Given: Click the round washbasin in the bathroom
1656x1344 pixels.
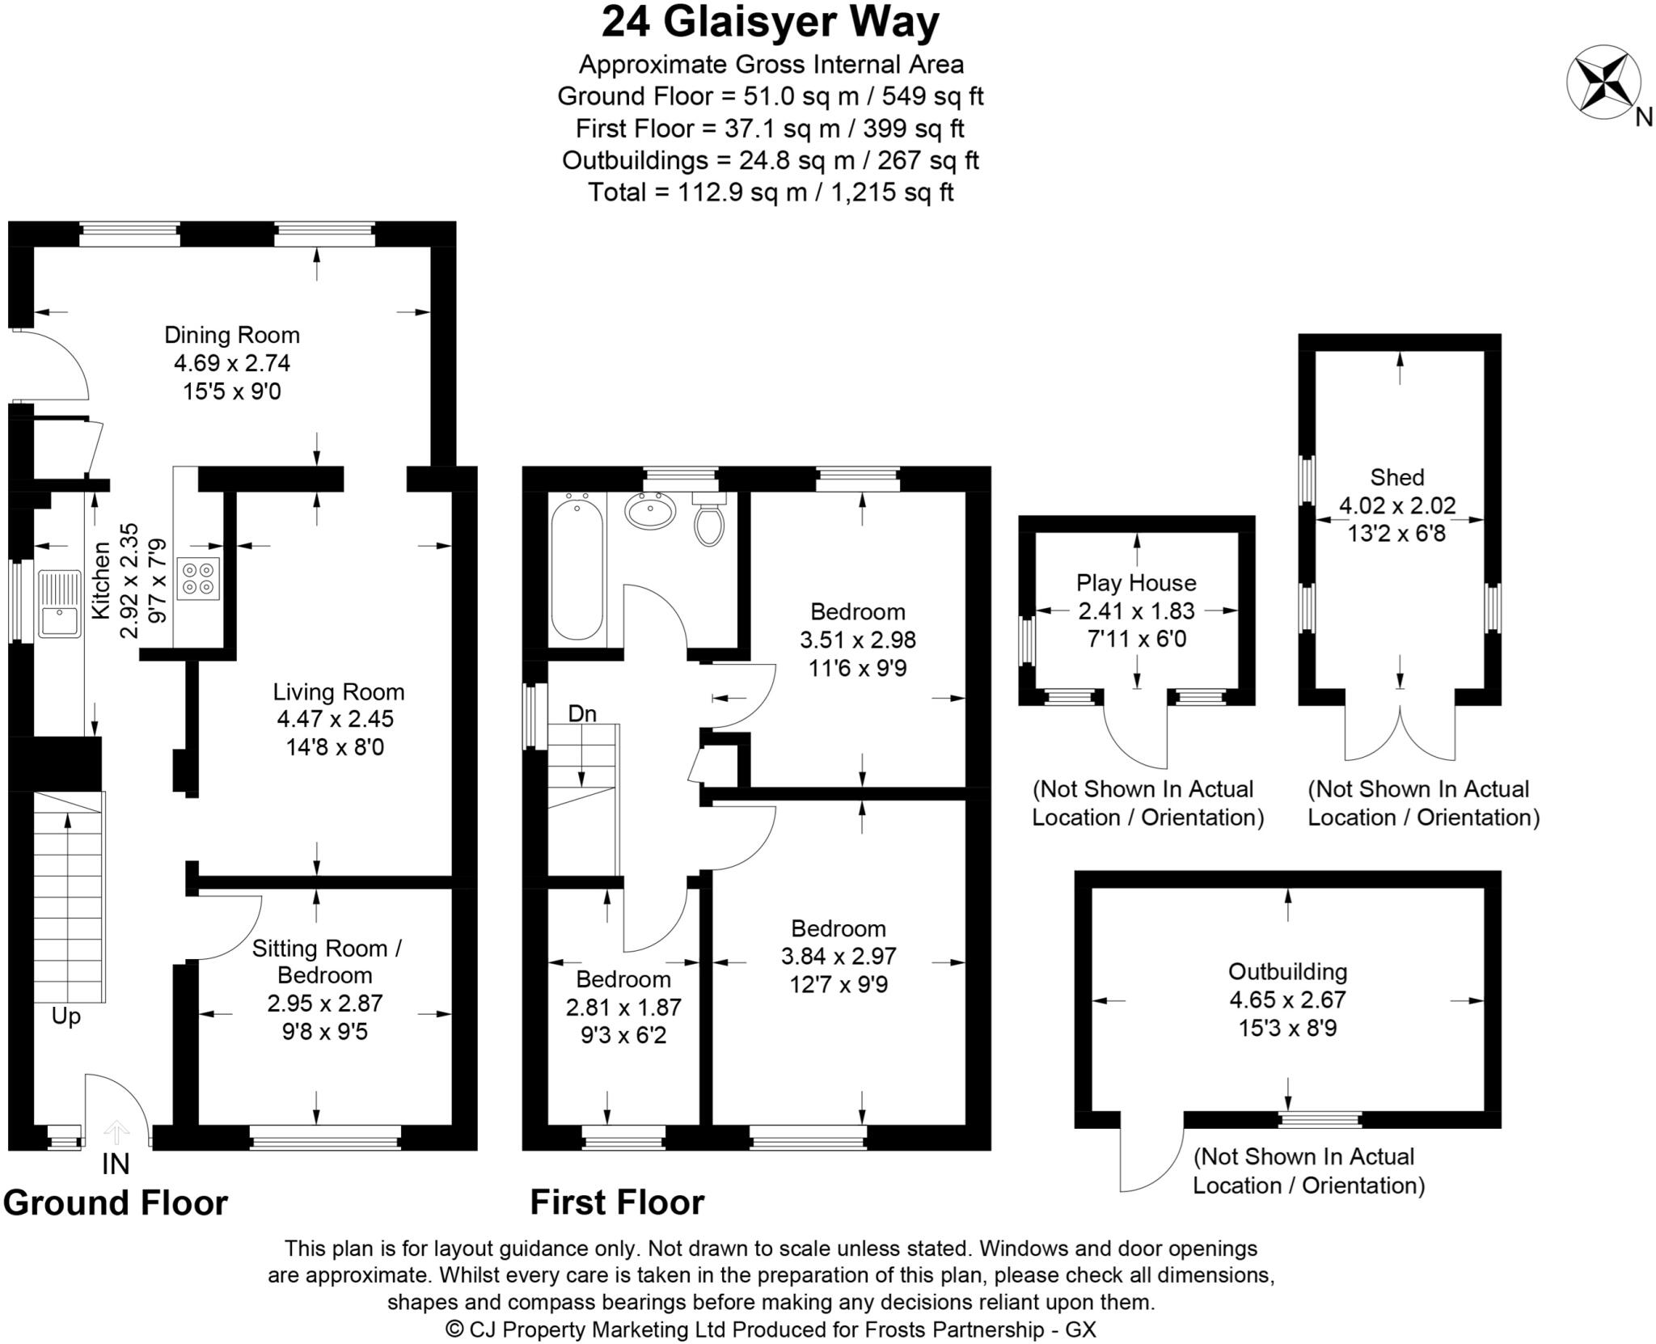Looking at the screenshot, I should point(651,510).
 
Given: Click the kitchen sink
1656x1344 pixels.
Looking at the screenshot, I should point(59,603).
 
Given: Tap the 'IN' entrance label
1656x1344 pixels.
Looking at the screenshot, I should point(116,1164).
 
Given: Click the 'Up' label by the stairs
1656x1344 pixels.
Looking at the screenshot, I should point(66,1016).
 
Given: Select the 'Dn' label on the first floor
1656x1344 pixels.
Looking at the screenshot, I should point(582,713).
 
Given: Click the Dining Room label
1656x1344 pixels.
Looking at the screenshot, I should point(232,335).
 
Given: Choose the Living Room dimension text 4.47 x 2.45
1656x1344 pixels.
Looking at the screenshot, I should point(336,719).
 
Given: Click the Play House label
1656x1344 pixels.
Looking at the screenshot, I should point(1136,582).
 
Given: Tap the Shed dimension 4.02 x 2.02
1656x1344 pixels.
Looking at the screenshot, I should point(1397,505).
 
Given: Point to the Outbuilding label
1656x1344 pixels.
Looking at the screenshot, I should point(1287,971).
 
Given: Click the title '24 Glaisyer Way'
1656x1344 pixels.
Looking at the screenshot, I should point(770,23).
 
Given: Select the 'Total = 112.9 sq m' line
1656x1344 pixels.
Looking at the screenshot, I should point(770,192).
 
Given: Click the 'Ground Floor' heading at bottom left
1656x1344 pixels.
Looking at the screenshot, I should point(116,1203).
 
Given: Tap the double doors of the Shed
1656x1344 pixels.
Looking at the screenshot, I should point(1400,732).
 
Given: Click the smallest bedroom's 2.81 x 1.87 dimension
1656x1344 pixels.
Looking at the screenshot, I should point(623,1008).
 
